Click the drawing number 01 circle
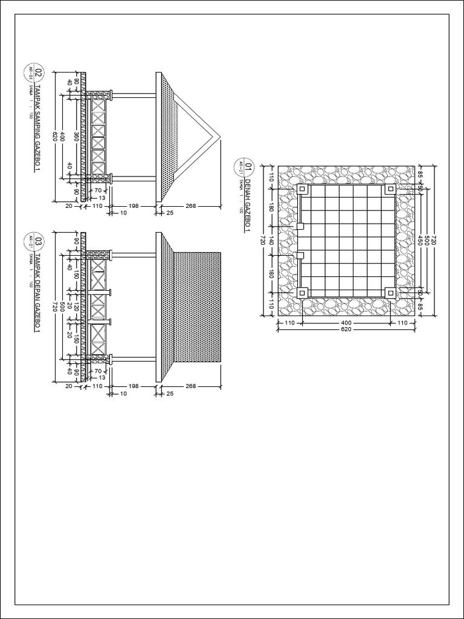(247, 164)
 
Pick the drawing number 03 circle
(39, 242)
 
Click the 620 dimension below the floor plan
(346, 330)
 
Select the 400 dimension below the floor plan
(346, 323)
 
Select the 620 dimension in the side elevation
(55, 137)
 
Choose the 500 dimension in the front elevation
(62, 306)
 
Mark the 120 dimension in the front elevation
(76, 306)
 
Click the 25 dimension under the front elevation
(170, 394)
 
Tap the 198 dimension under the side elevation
(134, 206)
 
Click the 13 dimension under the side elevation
(102, 198)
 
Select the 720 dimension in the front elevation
(55, 306)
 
